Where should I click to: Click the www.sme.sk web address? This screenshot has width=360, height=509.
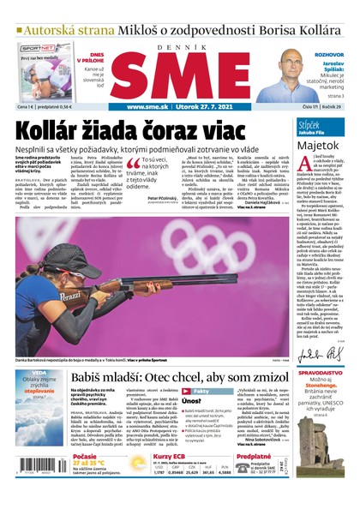click(x=147, y=107)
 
